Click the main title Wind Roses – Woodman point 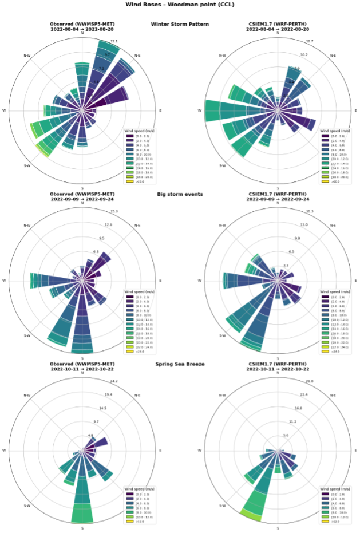pyautogui.click(x=180, y=5)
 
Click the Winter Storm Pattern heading pyautogui.click(x=180, y=24)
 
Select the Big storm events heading pyautogui.click(x=180, y=194)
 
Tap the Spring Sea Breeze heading pyautogui.click(x=180, y=364)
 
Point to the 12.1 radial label pyautogui.click(x=114, y=41)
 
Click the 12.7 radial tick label pyautogui.click(x=310, y=41)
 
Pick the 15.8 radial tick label pyautogui.click(x=114, y=211)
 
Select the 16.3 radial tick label pyautogui.click(x=310, y=211)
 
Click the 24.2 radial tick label pyautogui.click(x=114, y=381)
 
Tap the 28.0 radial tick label pyautogui.click(x=310, y=381)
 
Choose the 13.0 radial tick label pyautogui.click(x=303, y=225)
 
